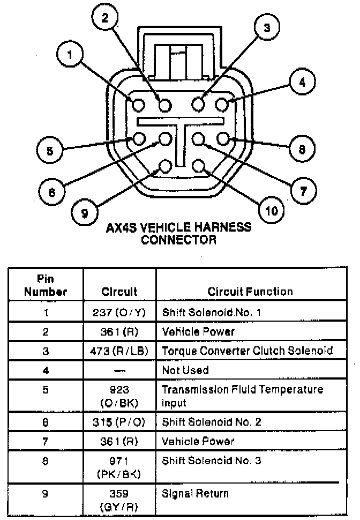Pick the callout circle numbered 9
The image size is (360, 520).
point(85,212)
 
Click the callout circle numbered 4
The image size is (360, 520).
point(302,83)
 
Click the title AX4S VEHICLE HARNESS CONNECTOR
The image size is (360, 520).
point(179,233)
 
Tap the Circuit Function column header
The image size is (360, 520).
point(250,292)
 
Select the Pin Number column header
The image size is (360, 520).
point(45,286)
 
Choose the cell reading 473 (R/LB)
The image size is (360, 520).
point(119,351)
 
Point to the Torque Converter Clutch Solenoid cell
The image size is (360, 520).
point(247,351)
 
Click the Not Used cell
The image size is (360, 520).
point(185,370)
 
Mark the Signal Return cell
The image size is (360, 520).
point(195,494)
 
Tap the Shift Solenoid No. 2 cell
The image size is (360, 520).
point(212,422)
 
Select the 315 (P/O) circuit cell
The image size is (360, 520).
point(119,422)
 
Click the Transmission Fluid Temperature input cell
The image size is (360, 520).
point(242,396)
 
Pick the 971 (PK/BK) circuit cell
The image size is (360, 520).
point(119,467)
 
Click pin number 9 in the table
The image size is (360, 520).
point(46,494)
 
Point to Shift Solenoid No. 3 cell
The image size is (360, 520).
point(212,460)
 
